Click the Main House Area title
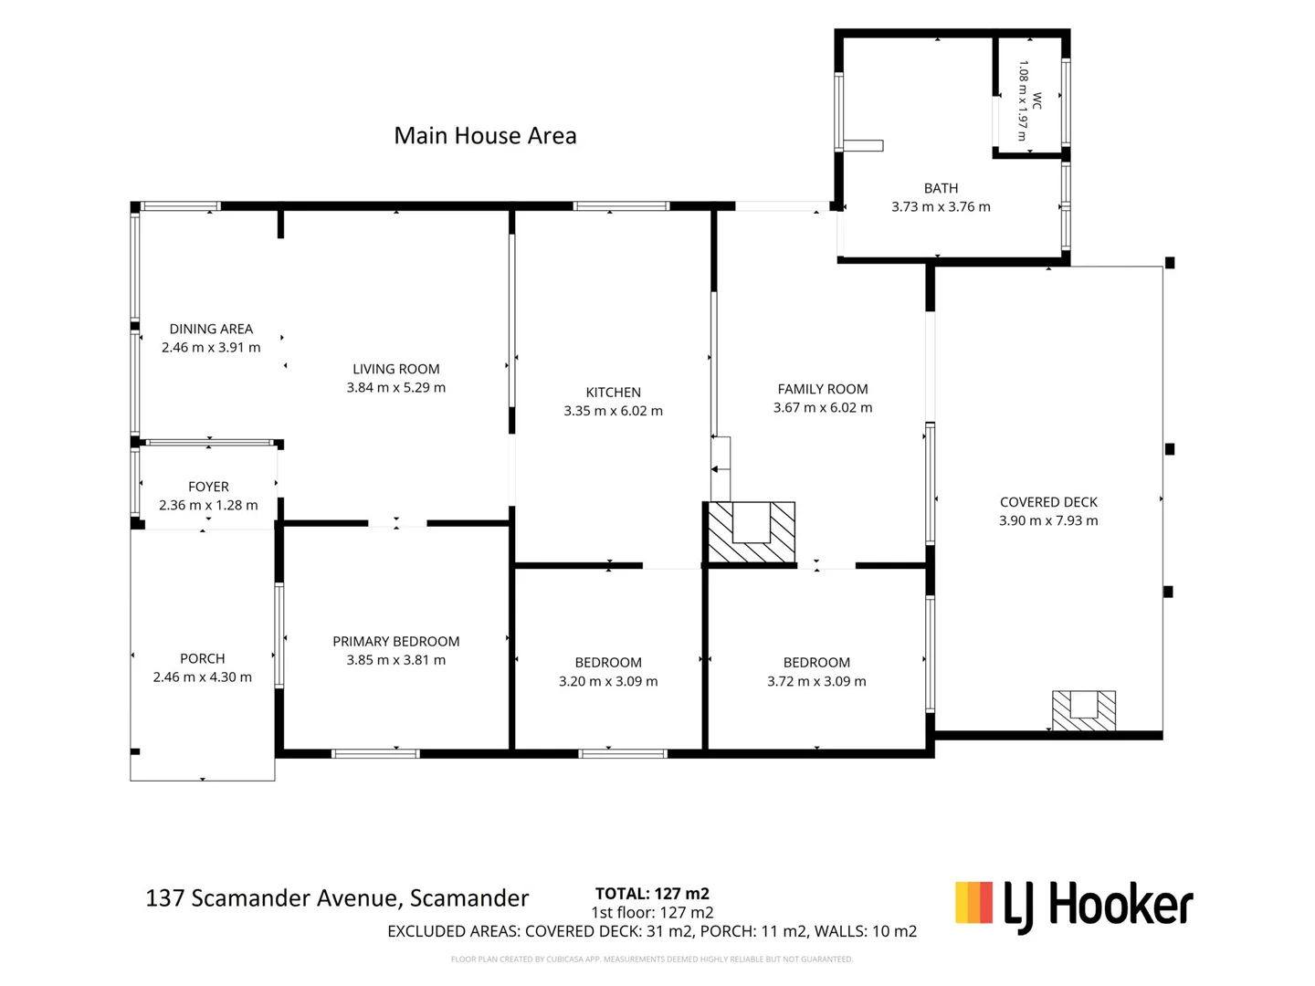[x=485, y=136]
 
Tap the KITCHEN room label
[x=613, y=393]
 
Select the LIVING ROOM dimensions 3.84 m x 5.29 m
[x=396, y=387]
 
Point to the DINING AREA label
[x=211, y=329]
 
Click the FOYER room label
[x=208, y=487]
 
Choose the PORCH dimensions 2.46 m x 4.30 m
[x=203, y=677]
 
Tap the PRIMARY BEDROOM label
[x=396, y=641]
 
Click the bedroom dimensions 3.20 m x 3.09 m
[x=608, y=681]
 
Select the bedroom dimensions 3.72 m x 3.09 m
[x=816, y=681]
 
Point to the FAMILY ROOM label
[x=823, y=389]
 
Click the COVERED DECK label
[x=1048, y=502]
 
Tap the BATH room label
[x=941, y=189]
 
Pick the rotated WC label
[x=1037, y=100]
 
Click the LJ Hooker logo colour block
[x=973, y=902]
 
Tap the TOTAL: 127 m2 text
[x=652, y=894]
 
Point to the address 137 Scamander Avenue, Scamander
[x=337, y=898]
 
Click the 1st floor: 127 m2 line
[x=652, y=912]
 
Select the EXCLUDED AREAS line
[x=652, y=931]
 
